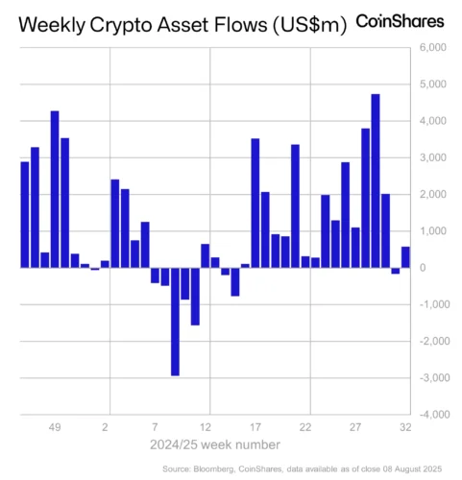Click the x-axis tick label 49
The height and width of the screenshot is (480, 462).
coord(55,427)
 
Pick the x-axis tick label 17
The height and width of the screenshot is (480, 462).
coord(255,427)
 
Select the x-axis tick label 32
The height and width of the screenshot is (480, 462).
coord(405,427)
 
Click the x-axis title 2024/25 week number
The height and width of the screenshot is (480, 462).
coord(214,444)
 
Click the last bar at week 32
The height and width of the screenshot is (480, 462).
coord(405,257)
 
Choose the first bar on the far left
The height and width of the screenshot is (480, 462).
coord(25,215)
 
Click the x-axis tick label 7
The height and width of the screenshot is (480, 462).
coord(155,427)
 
